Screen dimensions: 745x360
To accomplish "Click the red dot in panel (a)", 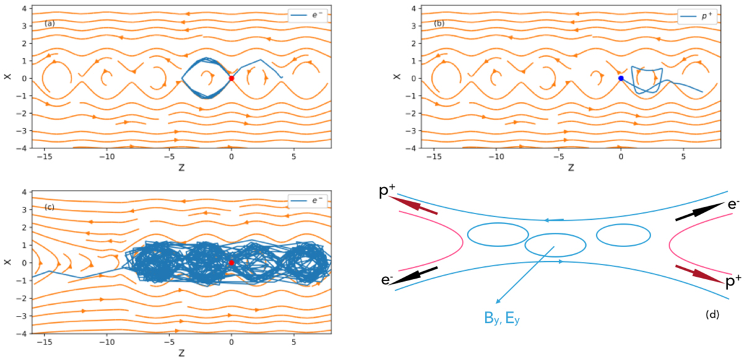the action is pyautogui.click(x=232, y=78).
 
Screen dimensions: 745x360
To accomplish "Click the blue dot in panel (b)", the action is pyautogui.click(x=621, y=78).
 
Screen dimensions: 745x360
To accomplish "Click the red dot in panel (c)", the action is pyautogui.click(x=232, y=263).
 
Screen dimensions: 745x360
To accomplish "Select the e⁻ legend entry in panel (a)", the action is pyautogui.click(x=308, y=16).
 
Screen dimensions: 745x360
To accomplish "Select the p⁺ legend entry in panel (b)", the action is pyautogui.click(x=697, y=16).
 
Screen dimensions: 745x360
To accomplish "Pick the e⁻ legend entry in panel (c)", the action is pyautogui.click(x=308, y=200).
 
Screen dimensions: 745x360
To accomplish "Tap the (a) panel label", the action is pyautogui.click(x=50, y=23).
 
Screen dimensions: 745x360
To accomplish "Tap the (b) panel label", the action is pyautogui.click(x=439, y=23).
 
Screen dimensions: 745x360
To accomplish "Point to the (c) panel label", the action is pyautogui.click(x=50, y=207).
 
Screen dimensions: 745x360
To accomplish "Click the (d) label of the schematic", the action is pyautogui.click(x=713, y=315).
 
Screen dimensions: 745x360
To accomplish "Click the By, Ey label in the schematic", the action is pyautogui.click(x=502, y=318).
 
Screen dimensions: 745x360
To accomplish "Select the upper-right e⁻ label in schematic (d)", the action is pyautogui.click(x=734, y=204).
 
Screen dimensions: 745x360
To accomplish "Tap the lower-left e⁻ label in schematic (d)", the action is pyautogui.click(x=387, y=280).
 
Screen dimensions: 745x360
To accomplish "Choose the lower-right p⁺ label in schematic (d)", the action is pyautogui.click(x=733, y=282).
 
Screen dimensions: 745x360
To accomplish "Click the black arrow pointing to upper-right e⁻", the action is pyautogui.click(x=700, y=211).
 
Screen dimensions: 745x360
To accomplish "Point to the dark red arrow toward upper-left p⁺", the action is pyautogui.click(x=413, y=205).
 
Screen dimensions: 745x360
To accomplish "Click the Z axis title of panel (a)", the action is pyautogui.click(x=181, y=168).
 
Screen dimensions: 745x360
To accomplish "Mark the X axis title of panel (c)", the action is pyautogui.click(x=7, y=263).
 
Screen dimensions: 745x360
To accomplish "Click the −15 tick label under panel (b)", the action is pyautogui.click(x=433, y=156).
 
